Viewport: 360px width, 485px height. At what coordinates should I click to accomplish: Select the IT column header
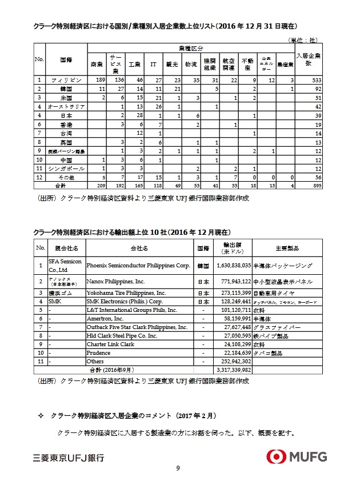pyautogui.click(x=153, y=64)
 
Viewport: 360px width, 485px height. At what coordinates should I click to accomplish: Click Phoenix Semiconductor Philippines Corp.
pyautogui.click(x=138, y=266)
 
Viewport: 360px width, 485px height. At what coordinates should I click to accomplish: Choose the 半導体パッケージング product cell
pyautogui.click(x=284, y=266)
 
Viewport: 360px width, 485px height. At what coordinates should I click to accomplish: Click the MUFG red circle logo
pyautogui.click(x=279, y=456)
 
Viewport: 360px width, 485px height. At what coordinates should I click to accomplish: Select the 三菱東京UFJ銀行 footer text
pyautogui.click(x=69, y=458)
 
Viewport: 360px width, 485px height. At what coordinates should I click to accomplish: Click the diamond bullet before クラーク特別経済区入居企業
pyautogui.click(x=40, y=414)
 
